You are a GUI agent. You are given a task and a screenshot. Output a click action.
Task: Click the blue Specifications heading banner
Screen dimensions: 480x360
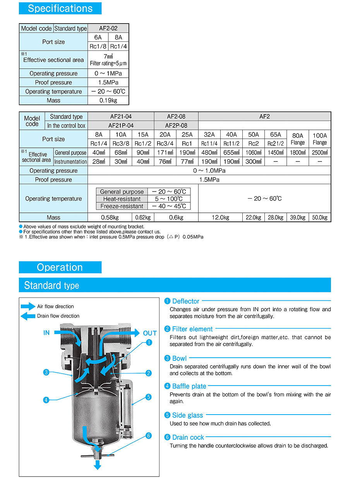tap(60, 9)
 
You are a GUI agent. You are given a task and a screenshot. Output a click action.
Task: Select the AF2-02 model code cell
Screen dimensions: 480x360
tap(108, 28)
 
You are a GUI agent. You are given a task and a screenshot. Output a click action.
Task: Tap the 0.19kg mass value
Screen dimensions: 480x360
tap(108, 101)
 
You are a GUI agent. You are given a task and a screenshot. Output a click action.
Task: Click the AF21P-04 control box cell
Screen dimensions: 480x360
tap(121, 125)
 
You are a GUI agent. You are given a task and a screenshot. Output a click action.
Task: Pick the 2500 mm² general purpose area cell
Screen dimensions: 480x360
tap(320, 153)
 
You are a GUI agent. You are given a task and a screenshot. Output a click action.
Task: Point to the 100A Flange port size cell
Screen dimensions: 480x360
tap(320, 139)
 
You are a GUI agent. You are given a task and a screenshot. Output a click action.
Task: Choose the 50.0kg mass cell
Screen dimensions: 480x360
tap(320, 218)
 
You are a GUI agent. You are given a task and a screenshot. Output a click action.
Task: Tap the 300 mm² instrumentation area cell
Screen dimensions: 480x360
tap(254, 162)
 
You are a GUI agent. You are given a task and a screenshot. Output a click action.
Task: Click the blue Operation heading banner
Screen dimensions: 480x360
tap(60, 267)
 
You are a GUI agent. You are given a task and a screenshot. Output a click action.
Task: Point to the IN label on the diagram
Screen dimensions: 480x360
tap(46, 333)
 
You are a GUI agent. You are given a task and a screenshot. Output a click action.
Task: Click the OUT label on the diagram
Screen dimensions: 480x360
tap(150, 333)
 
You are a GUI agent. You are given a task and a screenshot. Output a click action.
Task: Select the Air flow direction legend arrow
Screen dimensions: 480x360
tap(28, 307)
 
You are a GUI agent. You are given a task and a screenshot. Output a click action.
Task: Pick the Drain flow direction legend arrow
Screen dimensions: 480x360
tap(28, 316)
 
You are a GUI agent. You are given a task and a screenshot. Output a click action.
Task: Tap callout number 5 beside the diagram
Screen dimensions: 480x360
tap(148, 397)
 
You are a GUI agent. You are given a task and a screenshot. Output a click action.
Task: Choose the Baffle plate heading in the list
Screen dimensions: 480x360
tap(189, 386)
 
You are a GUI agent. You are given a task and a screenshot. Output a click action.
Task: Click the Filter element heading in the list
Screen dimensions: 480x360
tap(192, 329)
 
